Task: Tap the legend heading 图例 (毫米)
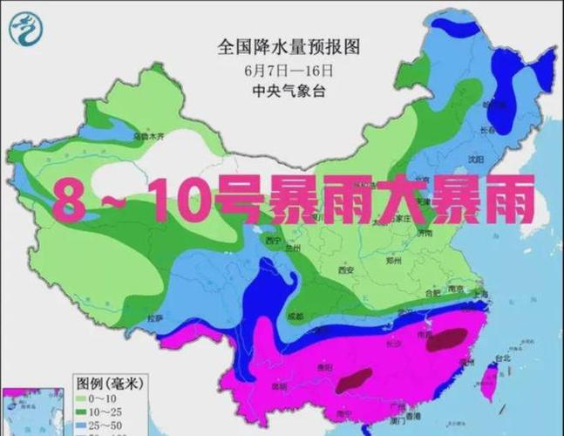[x=108, y=382]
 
